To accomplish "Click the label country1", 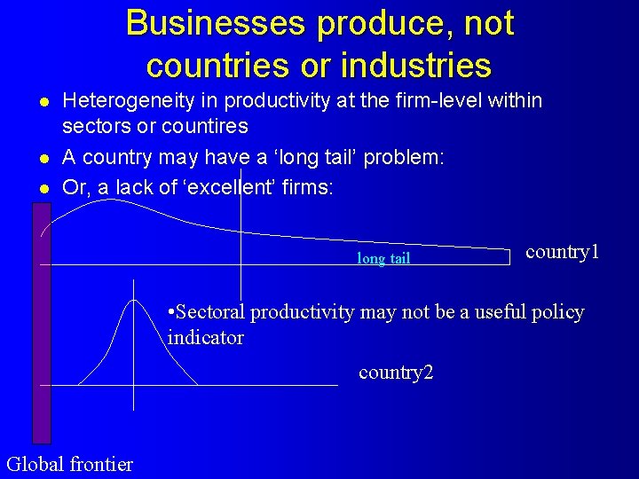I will click(563, 252).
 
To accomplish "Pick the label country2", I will click(396, 373).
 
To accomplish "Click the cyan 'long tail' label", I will click(383, 259).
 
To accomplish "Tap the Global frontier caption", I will click(69, 464).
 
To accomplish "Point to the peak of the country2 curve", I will click(134, 301).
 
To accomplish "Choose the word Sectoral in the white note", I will click(210, 312).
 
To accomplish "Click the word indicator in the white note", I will click(206, 338).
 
